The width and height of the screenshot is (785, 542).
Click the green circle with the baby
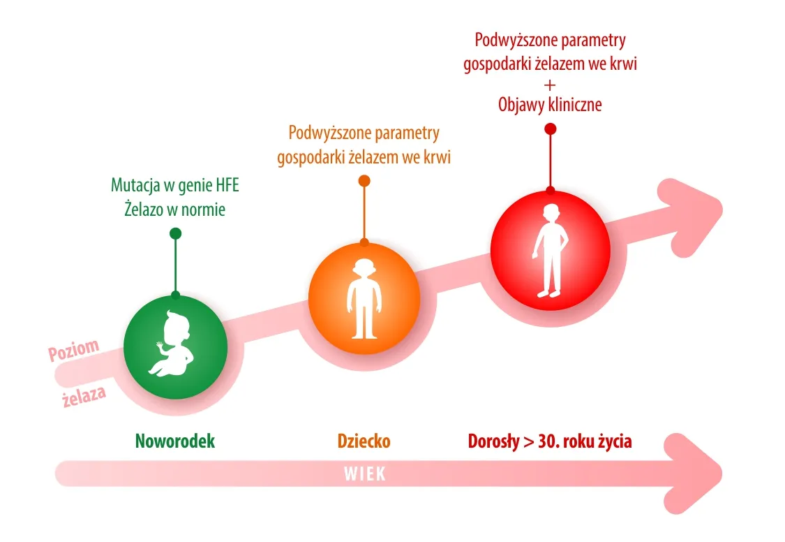tap(175, 346)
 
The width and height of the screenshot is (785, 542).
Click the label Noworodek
tap(175, 441)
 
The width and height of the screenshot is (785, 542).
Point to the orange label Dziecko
tap(364, 441)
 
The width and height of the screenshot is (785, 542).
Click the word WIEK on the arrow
tap(364, 474)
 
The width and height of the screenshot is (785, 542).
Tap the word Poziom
tap(73, 350)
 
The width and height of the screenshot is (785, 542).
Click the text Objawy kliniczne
tap(550, 105)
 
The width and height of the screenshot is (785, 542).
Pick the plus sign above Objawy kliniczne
tap(550, 85)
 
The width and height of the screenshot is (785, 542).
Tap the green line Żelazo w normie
tap(175, 208)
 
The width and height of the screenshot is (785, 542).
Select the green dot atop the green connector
tap(175, 233)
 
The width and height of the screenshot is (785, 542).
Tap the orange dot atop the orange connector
tap(364, 181)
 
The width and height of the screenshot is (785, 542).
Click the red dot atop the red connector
tap(550, 129)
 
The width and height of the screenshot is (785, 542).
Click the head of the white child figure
tap(364, 269)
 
